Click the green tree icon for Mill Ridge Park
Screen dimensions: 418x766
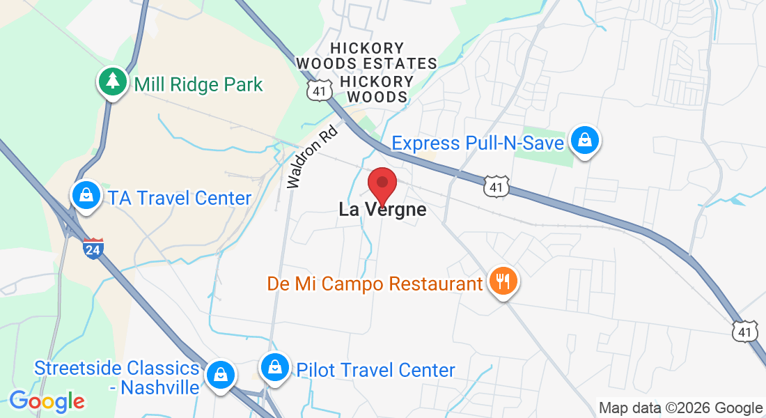pos(111,83)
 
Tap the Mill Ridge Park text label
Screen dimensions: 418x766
pos(198,85)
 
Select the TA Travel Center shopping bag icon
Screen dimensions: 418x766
pos(86,196)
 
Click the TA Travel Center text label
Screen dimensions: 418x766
pos(179,198)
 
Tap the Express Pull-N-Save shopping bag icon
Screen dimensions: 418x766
pos(585,141)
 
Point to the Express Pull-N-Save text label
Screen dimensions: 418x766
pos(477,144)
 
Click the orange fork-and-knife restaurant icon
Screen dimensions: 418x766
pos(503,281)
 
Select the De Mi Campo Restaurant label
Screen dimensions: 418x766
pos(375,284)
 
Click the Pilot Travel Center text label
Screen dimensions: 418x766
pos(375,370)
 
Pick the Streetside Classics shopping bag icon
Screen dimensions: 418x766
pos(220,374)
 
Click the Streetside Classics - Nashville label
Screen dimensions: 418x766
pos(117,378)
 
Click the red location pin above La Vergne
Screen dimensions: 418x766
pos(382,185)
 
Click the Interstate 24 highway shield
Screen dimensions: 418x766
pos(93,248)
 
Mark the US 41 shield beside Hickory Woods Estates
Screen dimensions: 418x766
pos(318,90)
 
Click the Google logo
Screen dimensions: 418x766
pos(47,401)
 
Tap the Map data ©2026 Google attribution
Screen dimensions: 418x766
pos(680,408)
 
